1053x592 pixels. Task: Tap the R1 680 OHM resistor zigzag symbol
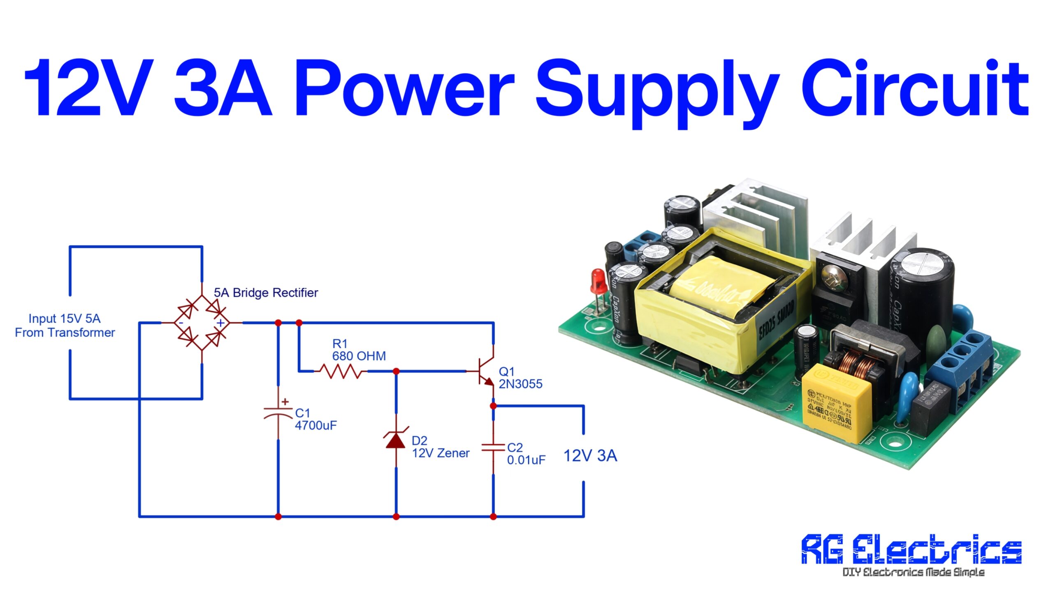(341, 371)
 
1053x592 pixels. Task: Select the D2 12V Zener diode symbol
(396, 440)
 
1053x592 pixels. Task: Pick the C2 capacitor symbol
(493, 447)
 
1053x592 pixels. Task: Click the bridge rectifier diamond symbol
(202, 323)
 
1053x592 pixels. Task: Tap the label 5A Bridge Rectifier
(266, 293)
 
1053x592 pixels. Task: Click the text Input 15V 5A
(65, 319)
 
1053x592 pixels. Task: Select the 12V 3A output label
(590, 456)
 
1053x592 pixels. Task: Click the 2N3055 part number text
(520, 384)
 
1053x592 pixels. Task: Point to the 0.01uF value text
(526, 460)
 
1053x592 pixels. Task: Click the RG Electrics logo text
(912, 550)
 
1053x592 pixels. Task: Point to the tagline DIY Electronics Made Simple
(913, 572)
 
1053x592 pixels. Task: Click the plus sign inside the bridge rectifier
(221, 323)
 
